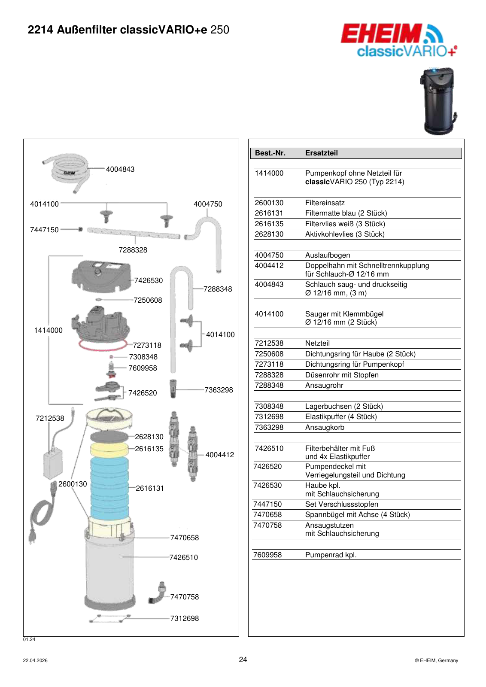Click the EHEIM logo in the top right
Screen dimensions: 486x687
(x=398, y=40)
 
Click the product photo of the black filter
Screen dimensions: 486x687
(x=437, y=101)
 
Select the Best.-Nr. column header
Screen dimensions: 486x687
(x=270, y=153)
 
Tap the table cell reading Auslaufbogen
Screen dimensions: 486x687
(x=327, y=255)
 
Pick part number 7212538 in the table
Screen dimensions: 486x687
(x=269, y=343)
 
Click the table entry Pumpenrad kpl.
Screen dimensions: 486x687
(x=331, y=555)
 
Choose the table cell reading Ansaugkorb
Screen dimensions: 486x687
(x=325, y=427)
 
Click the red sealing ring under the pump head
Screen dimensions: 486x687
(x=103, y=345)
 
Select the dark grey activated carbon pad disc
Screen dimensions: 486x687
(x=109, y=436)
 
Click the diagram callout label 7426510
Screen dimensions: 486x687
(x=184, y=557)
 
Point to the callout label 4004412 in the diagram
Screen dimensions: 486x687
(x=219, y=455)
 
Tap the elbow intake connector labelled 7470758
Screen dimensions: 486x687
(x=157, y=593)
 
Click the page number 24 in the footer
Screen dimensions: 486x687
(x=243, y=660)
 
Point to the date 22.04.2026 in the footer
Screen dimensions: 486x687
(x=35, y=661)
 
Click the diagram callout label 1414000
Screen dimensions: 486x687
(x=48, y=330)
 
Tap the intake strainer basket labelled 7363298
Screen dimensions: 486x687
(x=173, y=389)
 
